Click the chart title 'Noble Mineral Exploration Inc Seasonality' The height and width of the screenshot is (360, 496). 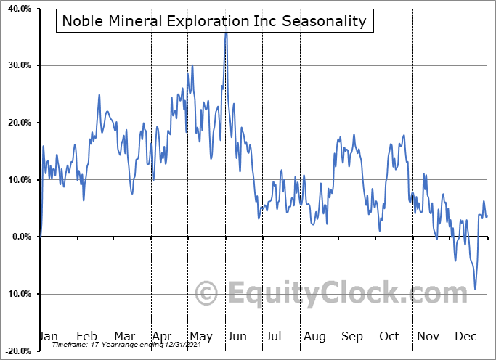(x=214, y=20)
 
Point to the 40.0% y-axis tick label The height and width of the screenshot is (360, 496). (x=20, y=9)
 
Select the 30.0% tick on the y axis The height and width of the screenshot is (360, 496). (x=20, y=66)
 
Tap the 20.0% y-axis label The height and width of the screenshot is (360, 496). (x=20, y=123)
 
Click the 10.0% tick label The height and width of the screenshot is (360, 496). (x=20, y=180)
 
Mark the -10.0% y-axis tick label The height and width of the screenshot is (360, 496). (x=18, y=294)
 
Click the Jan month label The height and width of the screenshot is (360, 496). (x=48, y=336)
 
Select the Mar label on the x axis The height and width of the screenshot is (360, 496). (x=124, y=336)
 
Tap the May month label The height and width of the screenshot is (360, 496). (x=200, y=336)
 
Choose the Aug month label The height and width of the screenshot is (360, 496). (x=314, y=336)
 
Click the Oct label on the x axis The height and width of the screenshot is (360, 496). (x=390, y=336)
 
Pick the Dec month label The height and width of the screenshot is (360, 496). (x=465, y=336)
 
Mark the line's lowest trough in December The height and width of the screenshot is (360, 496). (x=476, y=290)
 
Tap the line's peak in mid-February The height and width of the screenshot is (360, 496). (x=99, y=94)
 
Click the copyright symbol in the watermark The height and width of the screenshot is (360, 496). (x=207, y=294)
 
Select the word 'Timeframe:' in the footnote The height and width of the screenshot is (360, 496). (x=70, y=346)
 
